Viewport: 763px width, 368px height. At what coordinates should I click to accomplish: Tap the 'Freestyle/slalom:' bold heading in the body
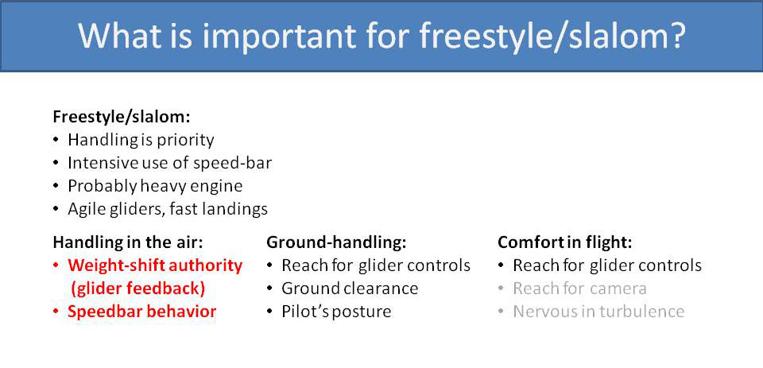tap(121, 116)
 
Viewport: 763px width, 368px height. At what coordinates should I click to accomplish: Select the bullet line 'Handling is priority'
tap(141, 140)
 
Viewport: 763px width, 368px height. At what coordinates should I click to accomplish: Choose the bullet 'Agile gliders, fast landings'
tap(167, 209)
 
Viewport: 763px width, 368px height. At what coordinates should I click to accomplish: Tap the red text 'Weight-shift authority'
tap(155, 265)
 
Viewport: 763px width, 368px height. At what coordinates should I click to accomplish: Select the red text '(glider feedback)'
tap(137, 288)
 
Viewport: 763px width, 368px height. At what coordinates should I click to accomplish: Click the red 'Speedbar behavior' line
tap(141, 312)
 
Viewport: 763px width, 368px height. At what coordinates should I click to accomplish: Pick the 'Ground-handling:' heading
tap(336, 242)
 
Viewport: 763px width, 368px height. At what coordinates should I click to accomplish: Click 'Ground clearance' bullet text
tap(349, 288)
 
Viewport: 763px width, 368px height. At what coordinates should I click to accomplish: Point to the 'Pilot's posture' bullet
tap(336, 312)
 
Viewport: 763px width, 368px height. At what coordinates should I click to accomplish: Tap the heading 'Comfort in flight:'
tap(564, 242)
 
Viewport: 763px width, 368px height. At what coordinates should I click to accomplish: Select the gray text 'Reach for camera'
tap(579, 288)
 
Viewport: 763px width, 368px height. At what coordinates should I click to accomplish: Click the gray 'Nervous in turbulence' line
tap(598, 312)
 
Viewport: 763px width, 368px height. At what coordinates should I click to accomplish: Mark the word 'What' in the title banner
tap(118, 37)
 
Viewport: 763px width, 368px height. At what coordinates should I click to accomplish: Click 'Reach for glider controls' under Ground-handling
tap(376, 265)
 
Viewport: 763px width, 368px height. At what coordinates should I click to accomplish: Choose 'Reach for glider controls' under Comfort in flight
tap(607, 265)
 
